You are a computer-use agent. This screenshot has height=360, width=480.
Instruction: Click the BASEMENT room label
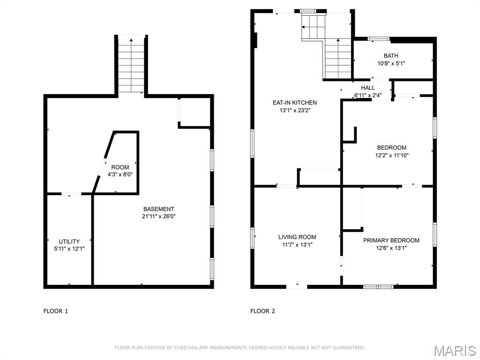pyautogui.click(x=158, y=209)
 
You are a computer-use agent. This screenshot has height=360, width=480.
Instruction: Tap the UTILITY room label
pyautogui.click(x=69, y=241)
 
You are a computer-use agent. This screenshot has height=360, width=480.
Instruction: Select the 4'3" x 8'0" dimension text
pyautogui.click(x=120, y=175)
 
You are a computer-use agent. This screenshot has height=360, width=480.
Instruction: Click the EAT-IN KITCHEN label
pyautogui.click(x=295, y=103)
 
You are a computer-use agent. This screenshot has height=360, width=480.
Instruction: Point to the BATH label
pyautogui.click(x=391, y=56)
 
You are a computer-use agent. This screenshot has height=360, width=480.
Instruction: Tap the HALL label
pyautogui.click(x=367, y=88)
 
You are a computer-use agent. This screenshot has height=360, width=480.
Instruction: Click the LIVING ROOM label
pyautogui.click(x=297, y=237)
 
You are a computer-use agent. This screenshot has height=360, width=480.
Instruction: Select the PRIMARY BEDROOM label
pyautogui.click(x=391, y=240)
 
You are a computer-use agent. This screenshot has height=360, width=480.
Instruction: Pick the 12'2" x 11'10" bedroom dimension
pyautogui.click(x=392, y=155)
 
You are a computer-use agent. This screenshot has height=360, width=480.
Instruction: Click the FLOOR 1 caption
pyautogui.click(x=56, y=311)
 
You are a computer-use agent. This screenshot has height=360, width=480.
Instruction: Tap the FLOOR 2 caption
pyautogui.click(x=262, y=311)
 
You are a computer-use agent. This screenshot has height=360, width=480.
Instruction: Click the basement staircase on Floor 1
pyautogui.click(x=131, y=65)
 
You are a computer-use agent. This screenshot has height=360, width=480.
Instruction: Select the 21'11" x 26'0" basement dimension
pyautogui.click(x=158, y=217)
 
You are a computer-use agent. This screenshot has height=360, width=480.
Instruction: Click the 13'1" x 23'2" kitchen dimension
pyautogui.click(x=295, y=110)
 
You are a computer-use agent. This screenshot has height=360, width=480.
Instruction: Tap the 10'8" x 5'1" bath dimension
pyautogui.click(x=391, y=63)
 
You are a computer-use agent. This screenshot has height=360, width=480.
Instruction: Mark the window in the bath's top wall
pyautogui.click(x=379, y=39)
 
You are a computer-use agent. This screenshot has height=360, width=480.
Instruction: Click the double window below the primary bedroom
pyautogui.click(x=378, y=287)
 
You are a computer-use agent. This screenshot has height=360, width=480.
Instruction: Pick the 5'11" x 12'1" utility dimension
pyautogui.click(x=69, y=249)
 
